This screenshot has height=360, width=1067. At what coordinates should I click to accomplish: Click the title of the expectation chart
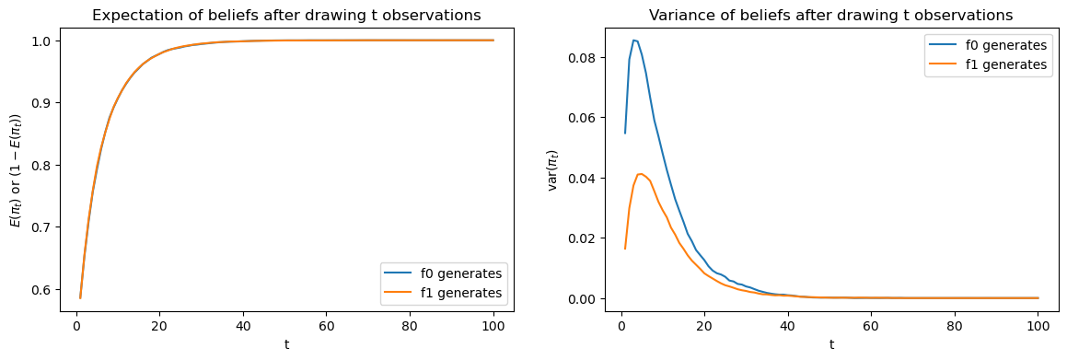click(286, 15)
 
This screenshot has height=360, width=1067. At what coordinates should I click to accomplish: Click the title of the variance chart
click(830, 15)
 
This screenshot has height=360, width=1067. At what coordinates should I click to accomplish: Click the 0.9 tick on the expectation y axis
click(45, 103)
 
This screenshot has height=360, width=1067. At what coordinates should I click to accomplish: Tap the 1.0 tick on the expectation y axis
click(45, 41)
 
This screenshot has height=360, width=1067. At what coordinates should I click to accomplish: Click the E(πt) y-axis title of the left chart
click(17, 169)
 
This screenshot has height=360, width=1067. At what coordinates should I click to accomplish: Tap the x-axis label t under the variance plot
click(830, 344)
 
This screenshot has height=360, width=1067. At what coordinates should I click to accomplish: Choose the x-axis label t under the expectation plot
click(286, 344)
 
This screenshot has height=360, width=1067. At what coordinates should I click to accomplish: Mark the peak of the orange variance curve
click(641, 173)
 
